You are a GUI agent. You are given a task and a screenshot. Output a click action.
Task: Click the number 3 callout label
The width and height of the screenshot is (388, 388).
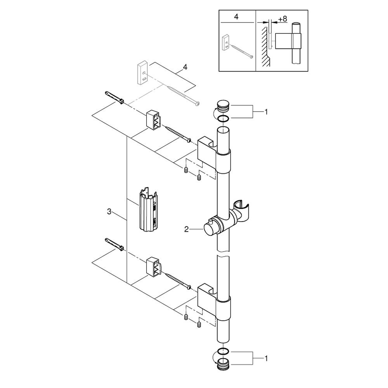(109, 212)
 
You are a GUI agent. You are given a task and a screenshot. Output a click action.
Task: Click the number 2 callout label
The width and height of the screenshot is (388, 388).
(186, 229)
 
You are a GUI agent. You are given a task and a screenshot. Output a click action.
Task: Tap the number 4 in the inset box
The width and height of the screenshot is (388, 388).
(236, 17)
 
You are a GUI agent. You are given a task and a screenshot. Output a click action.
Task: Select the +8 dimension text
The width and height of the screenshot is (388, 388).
(282, 19)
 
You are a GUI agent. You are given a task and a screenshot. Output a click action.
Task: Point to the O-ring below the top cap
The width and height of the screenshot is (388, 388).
(224, 119)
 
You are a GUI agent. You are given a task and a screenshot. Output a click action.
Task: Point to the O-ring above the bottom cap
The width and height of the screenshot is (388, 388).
(224, 351)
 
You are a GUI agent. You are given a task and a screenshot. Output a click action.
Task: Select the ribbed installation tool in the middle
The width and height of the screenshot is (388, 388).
(148, 209)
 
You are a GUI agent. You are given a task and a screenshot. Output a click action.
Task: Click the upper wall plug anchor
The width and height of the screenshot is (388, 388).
(115, 98)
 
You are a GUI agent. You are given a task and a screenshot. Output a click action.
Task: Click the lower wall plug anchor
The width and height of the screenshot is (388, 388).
(114, 245)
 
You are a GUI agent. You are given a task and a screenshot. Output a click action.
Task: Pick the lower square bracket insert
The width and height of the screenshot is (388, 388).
(154, 267)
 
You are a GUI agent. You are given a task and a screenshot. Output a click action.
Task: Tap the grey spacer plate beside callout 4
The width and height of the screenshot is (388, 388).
(142, 73)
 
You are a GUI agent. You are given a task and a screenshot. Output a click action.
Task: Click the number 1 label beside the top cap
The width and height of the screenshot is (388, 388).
(266, 112)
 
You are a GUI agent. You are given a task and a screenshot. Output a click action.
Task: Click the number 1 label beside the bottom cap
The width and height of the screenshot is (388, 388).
(266, 358)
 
